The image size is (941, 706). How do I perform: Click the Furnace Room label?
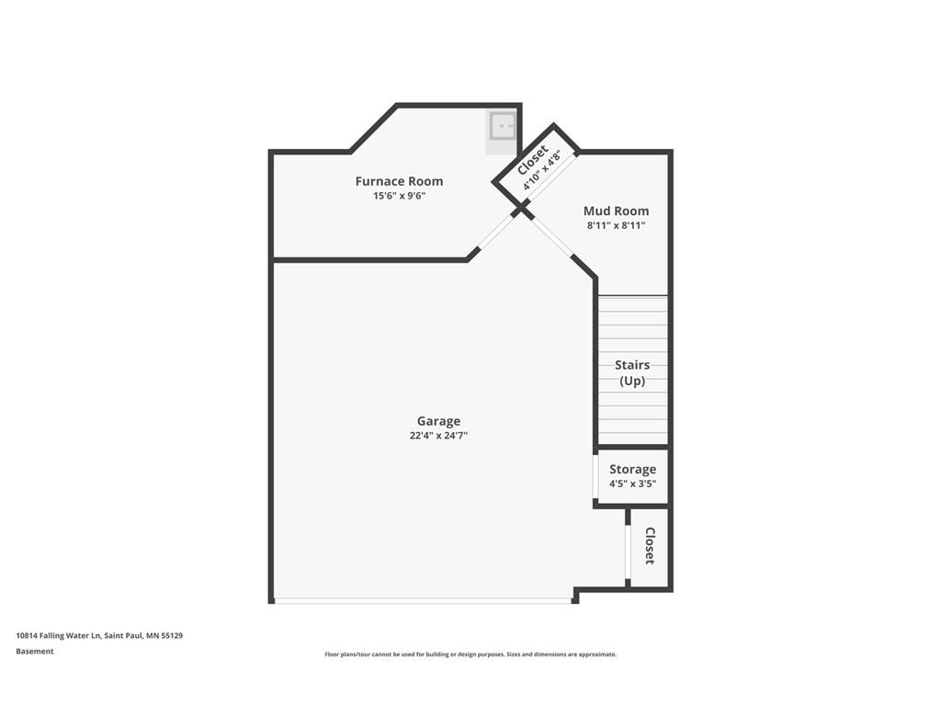399,181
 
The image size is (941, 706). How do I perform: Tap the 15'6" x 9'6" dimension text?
399,196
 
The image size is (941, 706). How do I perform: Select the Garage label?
438,421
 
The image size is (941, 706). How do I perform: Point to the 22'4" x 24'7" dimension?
438,436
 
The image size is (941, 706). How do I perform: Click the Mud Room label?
616,211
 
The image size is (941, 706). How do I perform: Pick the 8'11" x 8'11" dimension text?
616,225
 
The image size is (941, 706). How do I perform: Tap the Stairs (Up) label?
632,372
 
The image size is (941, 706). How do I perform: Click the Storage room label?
632,469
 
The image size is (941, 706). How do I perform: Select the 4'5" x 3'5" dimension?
632,484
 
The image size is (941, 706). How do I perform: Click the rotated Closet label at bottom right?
650,546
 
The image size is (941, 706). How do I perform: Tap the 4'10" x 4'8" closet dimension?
543,170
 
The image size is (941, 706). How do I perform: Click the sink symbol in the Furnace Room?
502,126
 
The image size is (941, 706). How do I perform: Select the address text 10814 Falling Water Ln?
99,635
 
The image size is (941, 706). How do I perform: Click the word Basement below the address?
35,651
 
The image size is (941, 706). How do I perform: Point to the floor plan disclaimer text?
470,655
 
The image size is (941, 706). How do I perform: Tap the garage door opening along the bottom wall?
423,601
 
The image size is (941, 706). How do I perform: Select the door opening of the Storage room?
595,475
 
